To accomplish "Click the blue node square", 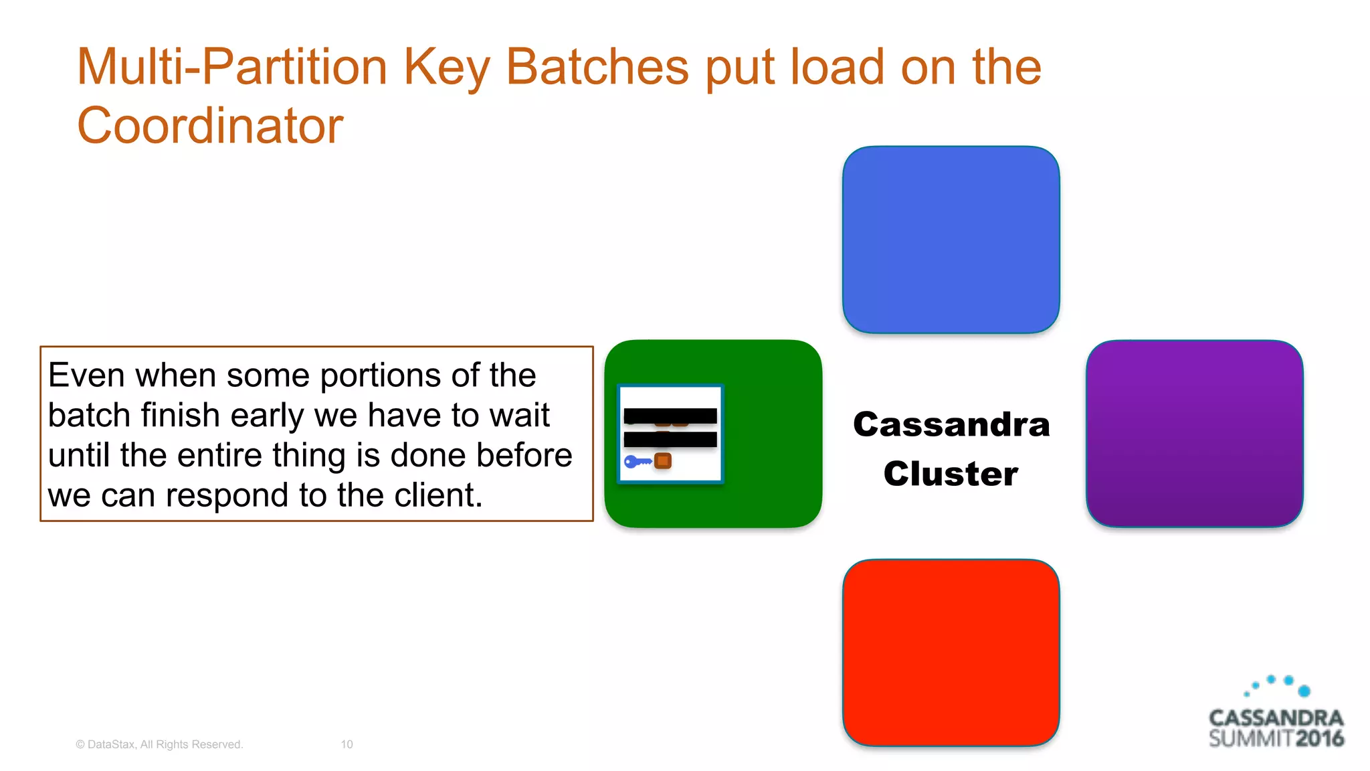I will [x=951, y=240].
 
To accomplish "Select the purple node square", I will [x=1194, y=434].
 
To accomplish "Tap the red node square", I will [x=951, y=653].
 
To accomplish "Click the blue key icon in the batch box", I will [x=637, y=461].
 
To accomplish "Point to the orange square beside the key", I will [x=663, y=460].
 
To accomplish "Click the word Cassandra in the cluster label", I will [x=951, y=424].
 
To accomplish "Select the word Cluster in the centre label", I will [x=951, y=474].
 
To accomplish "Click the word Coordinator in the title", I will [x=210, y=125].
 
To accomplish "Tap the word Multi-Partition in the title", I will [x=232, y=67].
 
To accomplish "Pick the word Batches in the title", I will [x=597, y=67].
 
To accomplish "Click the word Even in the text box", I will [x=86, y=375].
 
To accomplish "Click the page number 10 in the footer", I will [x=347, y=744].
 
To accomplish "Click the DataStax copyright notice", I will [x=159, y=744].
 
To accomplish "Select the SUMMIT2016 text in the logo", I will [x=1276, y=739].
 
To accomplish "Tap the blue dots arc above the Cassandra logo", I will [x=1278, y=685].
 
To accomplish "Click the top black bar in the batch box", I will [x=670, y=416].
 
